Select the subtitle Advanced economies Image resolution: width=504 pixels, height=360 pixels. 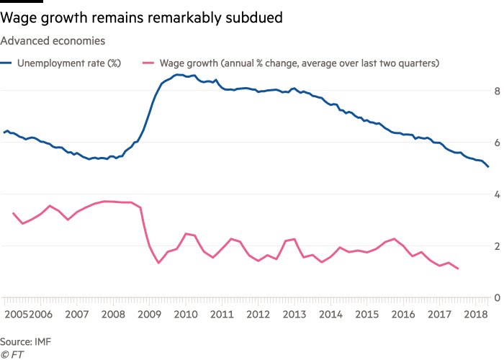pos(53,41)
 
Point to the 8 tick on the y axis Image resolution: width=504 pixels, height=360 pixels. pos(496,91)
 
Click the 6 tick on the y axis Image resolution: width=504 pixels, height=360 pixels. pos(496,143)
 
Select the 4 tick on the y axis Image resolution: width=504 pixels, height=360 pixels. pos(496,194)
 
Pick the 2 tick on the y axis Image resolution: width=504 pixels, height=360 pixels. pos(496,246)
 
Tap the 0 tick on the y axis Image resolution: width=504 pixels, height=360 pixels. pos(496,297)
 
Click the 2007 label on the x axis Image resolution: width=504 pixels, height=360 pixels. pos(76,315)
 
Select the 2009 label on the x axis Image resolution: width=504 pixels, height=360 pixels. pos(150,315)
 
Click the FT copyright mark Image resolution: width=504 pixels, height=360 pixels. pos(12,354)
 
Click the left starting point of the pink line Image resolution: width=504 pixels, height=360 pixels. pos(14,213)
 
